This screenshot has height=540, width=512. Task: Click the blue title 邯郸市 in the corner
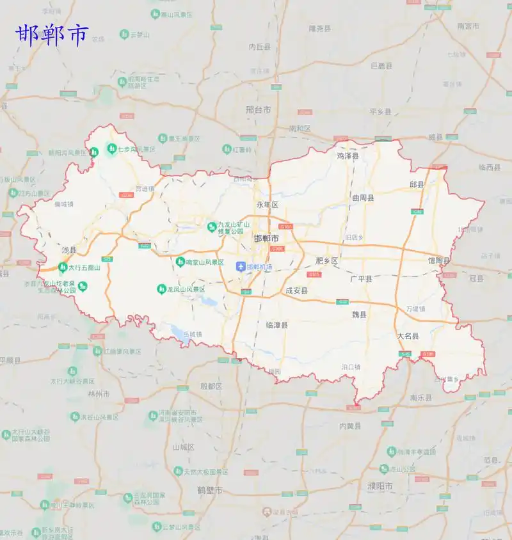(x=51, y=35)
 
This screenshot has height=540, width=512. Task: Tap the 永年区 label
(x=268, y=205)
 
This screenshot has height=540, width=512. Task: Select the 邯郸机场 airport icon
(x=241, y=266)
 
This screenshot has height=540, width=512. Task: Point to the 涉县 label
(x=68, y=250)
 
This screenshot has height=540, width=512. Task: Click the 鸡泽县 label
(x=348, y=155)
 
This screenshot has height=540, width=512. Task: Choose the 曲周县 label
(x=363, y=198)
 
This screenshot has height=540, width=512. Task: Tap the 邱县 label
(x=417, y=184)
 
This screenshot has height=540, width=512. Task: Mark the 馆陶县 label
(x=438, y=260)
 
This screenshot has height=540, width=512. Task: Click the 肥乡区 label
(x=326, y=260)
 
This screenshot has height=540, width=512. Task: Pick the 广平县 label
(x=361, y=279)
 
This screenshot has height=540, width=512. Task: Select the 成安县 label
(x=296, y=290)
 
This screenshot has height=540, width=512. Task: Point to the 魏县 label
(x=359, y=314)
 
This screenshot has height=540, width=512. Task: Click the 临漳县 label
(x=276, y=325)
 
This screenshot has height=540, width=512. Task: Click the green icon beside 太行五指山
(x=63, y=267)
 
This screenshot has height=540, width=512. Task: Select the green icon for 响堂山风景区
(x=180, y=262)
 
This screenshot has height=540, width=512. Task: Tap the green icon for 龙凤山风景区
(x=162, y=289)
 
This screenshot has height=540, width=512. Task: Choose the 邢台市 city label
(x=258, y=109)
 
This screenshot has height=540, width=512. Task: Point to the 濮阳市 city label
(x=380, y=486)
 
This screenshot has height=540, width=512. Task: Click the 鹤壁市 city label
(x=210, y=490)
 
